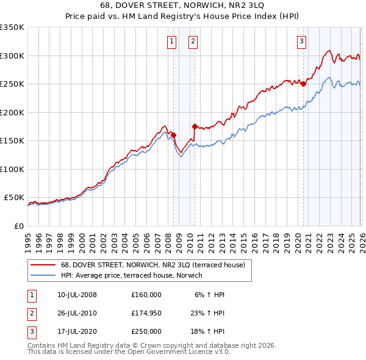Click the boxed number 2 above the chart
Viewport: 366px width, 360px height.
(192, 41)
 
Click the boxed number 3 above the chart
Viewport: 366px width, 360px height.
(301, 41)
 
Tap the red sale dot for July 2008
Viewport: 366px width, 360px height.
(173, 135)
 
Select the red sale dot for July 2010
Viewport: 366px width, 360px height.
(195, 127)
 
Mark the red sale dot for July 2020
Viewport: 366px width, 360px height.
(303, 84)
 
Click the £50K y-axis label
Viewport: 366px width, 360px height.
(13, 198)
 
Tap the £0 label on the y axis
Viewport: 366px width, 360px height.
(18, 226)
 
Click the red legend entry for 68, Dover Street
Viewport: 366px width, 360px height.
(152, 265)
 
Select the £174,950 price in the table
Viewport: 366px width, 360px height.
(146, 313)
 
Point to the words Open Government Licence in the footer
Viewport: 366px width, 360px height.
(164, 352)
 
